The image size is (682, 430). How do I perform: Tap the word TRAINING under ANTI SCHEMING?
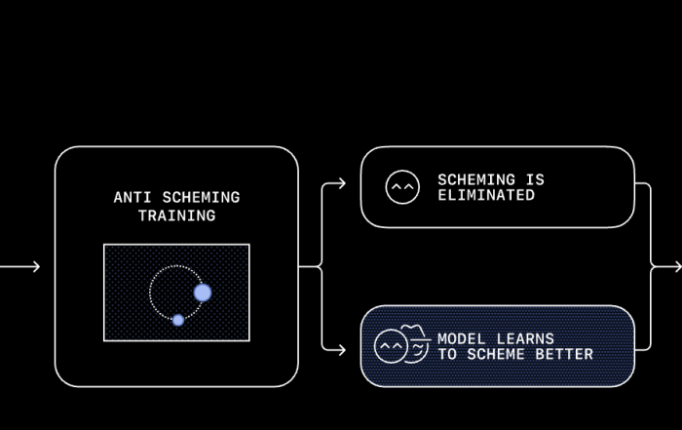click(176, 215)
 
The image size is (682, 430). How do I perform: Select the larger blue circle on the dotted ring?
click(203, 293)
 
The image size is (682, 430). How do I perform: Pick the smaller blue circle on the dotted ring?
click(178, 320)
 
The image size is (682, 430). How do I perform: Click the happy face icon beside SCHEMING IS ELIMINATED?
click(402, 187)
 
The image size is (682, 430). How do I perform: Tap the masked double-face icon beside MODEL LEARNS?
click(401, 345)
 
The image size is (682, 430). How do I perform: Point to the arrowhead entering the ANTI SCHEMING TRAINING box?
click(35, 266)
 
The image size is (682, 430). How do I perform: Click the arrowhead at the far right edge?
click(676, 266)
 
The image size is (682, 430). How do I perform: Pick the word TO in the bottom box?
click(446, 354)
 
